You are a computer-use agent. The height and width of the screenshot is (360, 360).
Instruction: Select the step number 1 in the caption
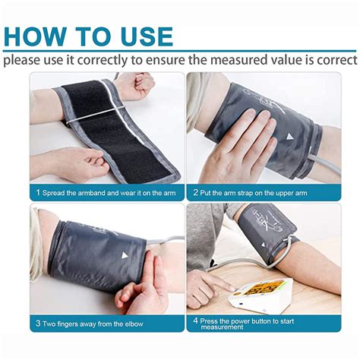(x=36, y=193)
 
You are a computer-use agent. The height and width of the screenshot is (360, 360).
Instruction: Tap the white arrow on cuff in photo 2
(x=289, y=137)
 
